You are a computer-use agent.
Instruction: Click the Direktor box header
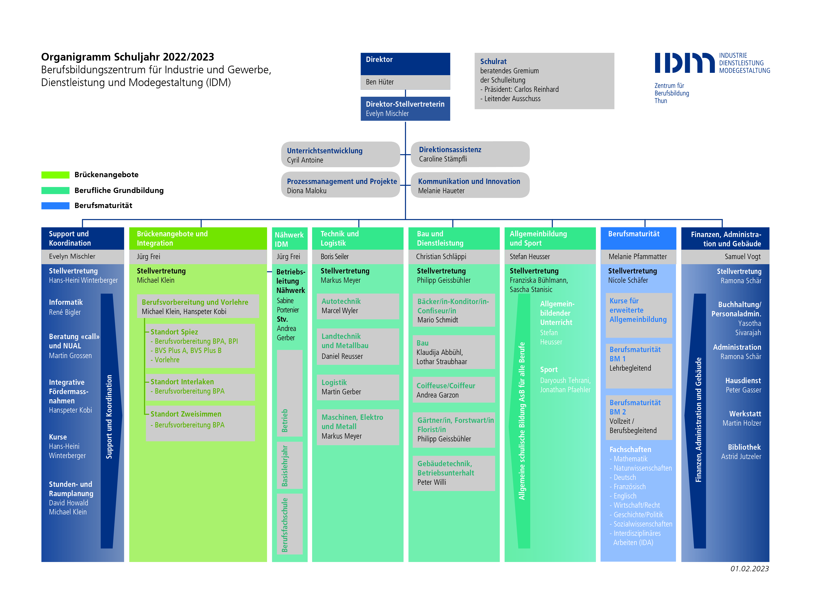pyautogui.click(x=405, y=64)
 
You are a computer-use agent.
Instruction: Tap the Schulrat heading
pyautogui.click(x=493, y=61)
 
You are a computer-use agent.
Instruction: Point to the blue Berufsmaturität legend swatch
pyautogui.click(x=55, y=205)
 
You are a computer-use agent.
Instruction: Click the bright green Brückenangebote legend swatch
pyautogui.click(x=55, y=175)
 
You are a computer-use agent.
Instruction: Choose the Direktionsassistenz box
pyautogui.click(x=470, y=154)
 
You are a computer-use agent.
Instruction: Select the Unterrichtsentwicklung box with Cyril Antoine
pyautogui.click(x=340, y=154)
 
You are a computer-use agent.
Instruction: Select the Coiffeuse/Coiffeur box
pyautogui.click(x=454, y=390)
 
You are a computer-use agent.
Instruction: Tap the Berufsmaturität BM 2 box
pyautogui.click(x=639, y=417)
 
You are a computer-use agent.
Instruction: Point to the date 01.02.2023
pyautogui.click(x=749, y=569)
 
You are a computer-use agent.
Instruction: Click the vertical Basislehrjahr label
pyautogui.click(x=285, y=466)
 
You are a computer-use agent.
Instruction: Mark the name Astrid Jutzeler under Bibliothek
pyautogui.click(x=741, y=456)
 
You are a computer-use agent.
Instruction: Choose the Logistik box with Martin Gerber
pyautogui.click(x=358, y=387)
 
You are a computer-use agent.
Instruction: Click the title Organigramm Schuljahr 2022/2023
pyautogui.click(x=127, y=57)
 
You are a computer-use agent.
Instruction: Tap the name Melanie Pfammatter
pyautogui.click(x=637, y=257)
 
